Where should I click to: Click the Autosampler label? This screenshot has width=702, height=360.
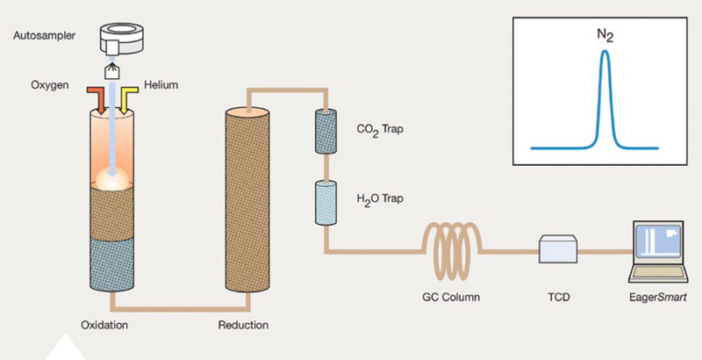(x=44, y=35)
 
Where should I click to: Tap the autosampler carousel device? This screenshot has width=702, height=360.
(x=121, y=38)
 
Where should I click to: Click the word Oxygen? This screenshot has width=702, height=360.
(x=50, y=85)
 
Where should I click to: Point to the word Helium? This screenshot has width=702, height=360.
(x=161, y=84)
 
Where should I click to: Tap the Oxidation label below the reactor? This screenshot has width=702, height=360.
(x=104, y=325)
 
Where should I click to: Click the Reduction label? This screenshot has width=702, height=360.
(x=243, y=325)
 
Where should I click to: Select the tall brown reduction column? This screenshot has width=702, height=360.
(x=247, y=200)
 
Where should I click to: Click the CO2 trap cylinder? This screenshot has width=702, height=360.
(x=326, y=132)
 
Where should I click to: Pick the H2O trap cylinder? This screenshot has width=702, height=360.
(x=326, y=203)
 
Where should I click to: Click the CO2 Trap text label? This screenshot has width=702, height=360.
(x=380, y=130)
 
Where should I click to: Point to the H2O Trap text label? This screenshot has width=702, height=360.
(x=380, y=198)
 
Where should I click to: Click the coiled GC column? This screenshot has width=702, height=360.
(x=451, y=251)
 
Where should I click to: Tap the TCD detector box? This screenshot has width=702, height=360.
(x=557, y=248)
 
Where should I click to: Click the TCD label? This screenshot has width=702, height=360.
(x=559, y=297)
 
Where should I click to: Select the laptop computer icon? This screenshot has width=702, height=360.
(x=657, y=252)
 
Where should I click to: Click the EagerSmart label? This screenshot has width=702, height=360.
(x=657, y=298)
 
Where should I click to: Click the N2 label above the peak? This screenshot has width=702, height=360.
(x=605, y=35)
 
